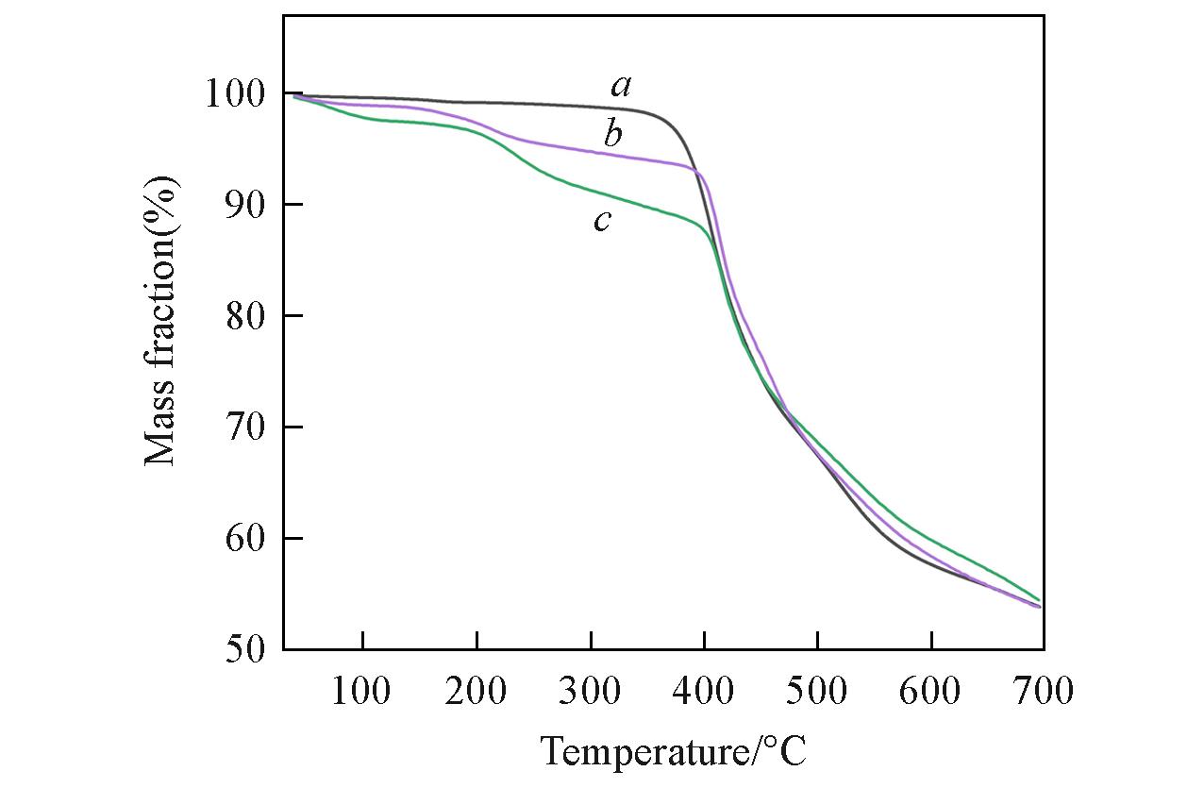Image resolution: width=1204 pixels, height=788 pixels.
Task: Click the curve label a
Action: tap(620, 87)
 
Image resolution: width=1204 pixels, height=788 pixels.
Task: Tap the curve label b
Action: tap(613, 136)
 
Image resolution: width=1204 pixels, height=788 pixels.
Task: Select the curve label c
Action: tap(602, 222)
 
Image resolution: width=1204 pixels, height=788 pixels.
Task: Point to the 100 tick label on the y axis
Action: tap(235, 94)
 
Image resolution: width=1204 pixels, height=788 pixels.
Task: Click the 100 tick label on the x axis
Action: tap(362, 692)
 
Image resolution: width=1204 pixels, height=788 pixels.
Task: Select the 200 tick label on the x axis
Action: tap(477, 692)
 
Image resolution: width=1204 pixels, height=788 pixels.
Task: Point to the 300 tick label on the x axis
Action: tap(591, 692)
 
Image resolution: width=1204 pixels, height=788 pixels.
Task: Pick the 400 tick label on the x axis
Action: tap(704, 692)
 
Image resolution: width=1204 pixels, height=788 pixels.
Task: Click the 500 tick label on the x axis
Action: tap(818, 692)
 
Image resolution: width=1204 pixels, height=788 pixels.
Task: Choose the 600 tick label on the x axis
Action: tap(931, 692)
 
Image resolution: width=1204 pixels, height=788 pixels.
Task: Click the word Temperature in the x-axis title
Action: tap(642, 753)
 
